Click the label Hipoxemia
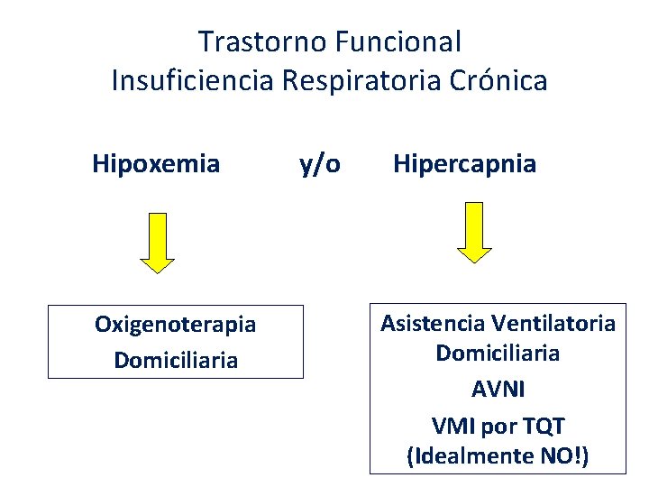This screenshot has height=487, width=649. (156, 164)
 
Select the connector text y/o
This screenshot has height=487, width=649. (319, 165)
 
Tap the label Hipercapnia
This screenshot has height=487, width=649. (464, 164)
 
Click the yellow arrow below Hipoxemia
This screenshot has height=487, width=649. (158, 241)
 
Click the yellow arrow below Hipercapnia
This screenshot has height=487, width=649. (474, 232)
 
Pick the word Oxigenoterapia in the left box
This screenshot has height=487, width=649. (175, 325)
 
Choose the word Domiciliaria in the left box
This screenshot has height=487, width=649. (176, 361)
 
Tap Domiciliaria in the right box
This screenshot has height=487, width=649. (498, 354)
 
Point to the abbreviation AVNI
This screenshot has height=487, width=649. (498, 390)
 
